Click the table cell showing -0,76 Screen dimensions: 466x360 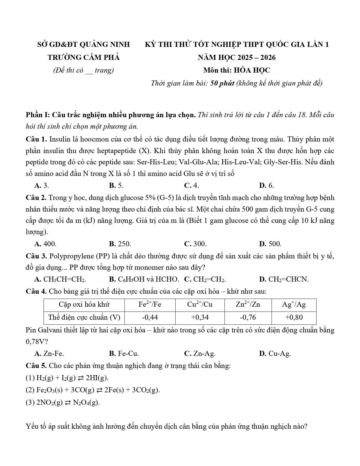tap(248, 317)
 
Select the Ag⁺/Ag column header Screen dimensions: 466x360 tap(294, 304)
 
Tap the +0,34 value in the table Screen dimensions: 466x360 tap(200, 317)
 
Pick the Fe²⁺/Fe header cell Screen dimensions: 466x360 tap(150, 304)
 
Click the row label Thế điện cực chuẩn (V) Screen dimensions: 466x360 tap(84, 317)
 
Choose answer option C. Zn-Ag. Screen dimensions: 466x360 tap(200, 353)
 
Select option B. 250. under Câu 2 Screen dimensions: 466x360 tap(120, 244)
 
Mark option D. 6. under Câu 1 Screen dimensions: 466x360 tap(266, 185)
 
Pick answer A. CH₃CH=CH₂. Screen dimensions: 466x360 tap(60, 279)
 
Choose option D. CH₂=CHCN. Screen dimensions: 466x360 tap(284, 279)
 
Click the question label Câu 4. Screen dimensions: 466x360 tap(36, 291)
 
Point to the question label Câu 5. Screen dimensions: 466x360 tap(36, 366)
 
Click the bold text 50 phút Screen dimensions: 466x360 tap(222, 83)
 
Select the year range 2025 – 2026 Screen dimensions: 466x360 tap(256, 58)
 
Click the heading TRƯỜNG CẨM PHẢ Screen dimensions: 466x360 tap(84, 58)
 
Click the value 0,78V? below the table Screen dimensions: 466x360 tap(37, 341)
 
